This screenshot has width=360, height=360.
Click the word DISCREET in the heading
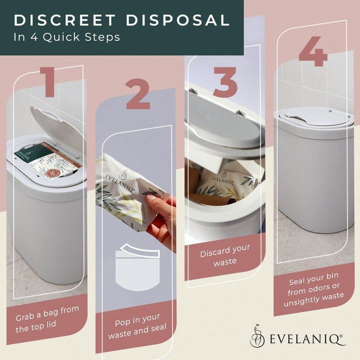pyautogui.click(x=64, y=20)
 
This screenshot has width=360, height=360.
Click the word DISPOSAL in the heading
pyautogui.click(x=177, y=20)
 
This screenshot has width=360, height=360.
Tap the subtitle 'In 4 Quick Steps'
pyautogui.click(x=67, y=37)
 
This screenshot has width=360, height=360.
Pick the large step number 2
pyautogui.click(x=138, y=94)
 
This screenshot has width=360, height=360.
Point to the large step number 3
pyautogui.click(x=225, y=82)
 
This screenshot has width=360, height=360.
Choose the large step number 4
pyautogui.click(x=313, y=51)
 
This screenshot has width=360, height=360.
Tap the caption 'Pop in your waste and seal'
pyautogui.click(x=137, y=326)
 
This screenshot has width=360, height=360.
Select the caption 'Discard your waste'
pyautogui.click(x=225, y=255)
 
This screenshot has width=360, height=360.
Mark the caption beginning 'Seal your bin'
pyautogui.click(x=313, y=289)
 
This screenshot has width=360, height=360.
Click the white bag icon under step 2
pyautogui.click(x=137, y=267)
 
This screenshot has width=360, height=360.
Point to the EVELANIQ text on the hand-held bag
pyautogui.click(x=119, y=181)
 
